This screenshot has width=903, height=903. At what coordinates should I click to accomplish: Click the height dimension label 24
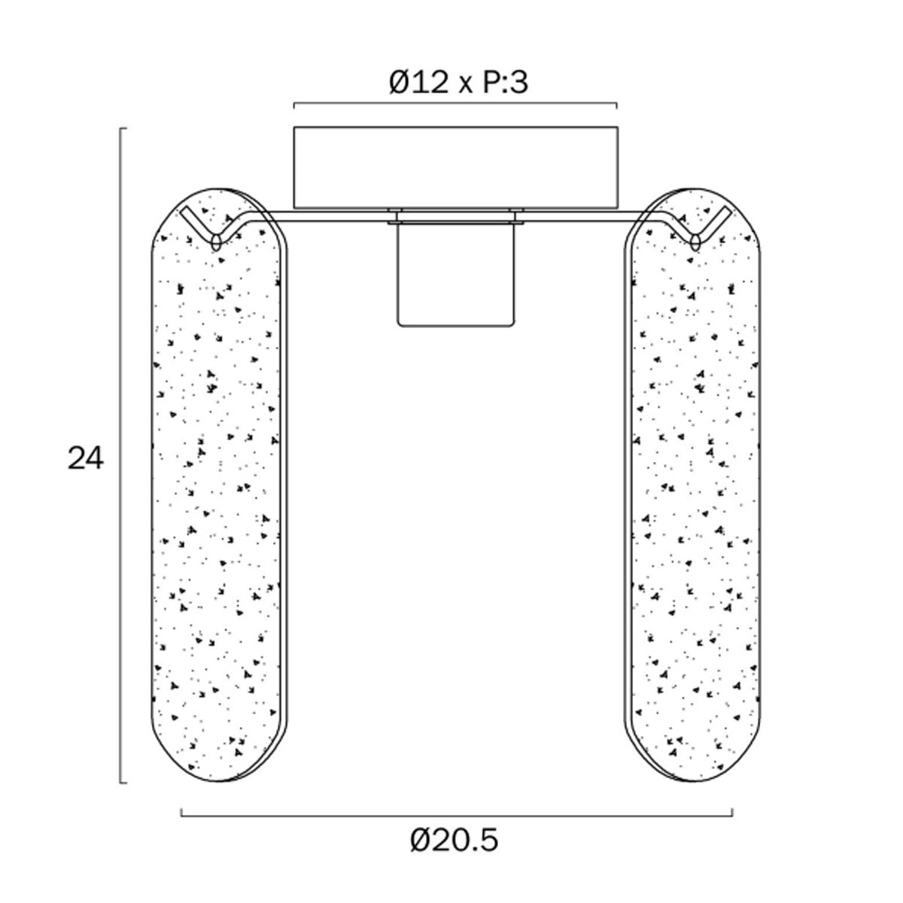pyautogui.click(x=85, y=458)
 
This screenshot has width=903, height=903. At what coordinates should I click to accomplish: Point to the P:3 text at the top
pyautogui.click(x=505, y=82)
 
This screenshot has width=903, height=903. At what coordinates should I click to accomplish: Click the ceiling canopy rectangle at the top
pyautogui.click(x=455, y=167)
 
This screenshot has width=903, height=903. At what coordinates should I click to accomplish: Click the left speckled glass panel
pyautogui.click(x=219, y=488)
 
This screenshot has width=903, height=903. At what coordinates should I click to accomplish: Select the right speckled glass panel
pyautogui.click(x=692, y=488)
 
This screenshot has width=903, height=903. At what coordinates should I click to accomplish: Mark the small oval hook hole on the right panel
pyautogui.click(x=695, y=242)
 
